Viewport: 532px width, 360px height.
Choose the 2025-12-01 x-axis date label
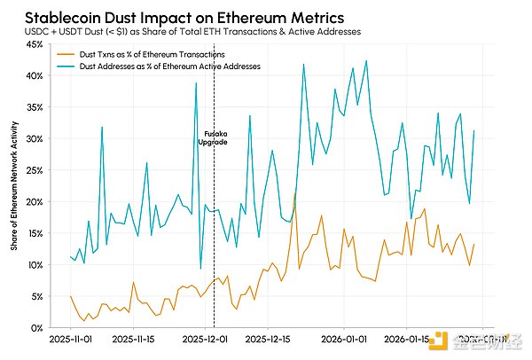pos(201,339)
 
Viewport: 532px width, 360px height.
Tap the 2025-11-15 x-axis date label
pos(134,339)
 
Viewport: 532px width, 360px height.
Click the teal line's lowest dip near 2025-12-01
pos(200,268)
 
